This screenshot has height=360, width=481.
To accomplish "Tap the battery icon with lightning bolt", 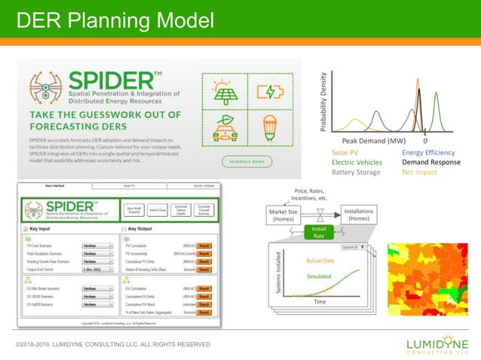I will coord(269,92).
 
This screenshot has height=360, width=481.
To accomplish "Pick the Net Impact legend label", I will coord(418,172).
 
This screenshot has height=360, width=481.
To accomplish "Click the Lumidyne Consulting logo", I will coord(437,344).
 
